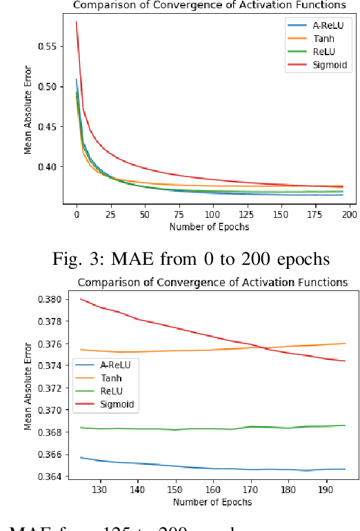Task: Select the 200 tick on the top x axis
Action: [x=349, y=215]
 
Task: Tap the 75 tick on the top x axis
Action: [x=179, y=215]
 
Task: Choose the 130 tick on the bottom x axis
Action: [x=101, y=490]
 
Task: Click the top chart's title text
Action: [x=210, y=6]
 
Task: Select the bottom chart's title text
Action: [x=212, y=282]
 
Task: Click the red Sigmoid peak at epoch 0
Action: [x=76, y=22]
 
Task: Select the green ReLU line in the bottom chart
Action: [x=207, y=428]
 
